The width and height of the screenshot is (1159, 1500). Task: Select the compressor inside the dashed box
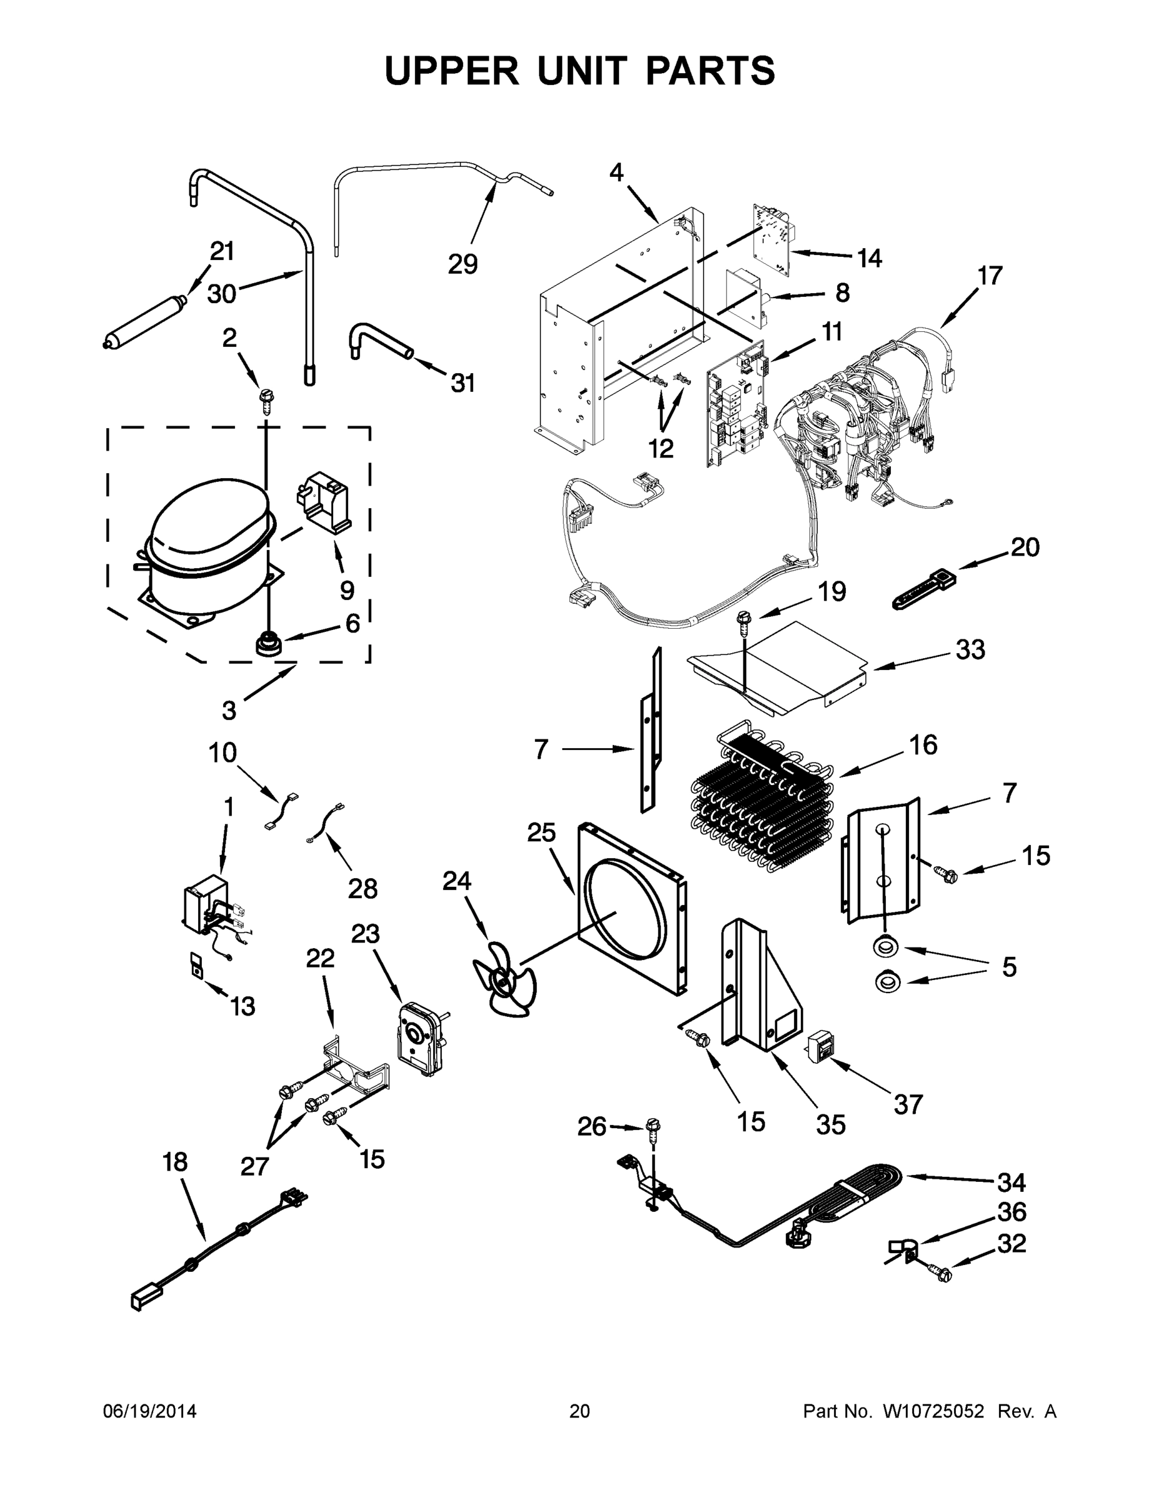click(206, 549)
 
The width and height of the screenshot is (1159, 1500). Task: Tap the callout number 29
click(463, 264)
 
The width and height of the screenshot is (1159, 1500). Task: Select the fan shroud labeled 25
click(632, 907)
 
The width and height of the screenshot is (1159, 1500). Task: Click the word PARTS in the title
click(710, 71)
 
